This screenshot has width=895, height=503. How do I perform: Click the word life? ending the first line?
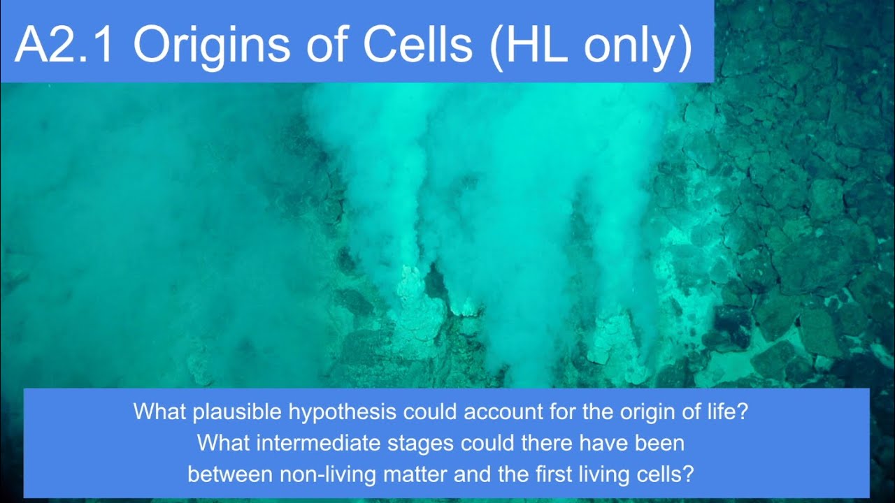click(726, 411)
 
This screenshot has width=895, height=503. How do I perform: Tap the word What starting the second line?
click(218, 443)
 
